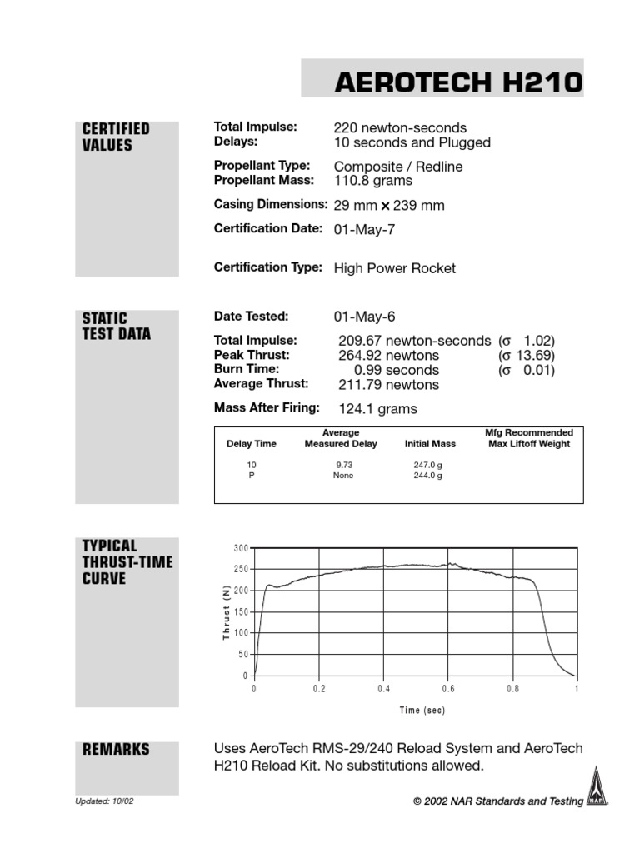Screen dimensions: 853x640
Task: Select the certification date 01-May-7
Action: (364, 230)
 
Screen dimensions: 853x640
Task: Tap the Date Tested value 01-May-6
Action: (364, 317)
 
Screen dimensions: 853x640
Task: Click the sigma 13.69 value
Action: (527, 356)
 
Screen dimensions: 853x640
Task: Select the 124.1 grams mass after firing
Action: (377, 409)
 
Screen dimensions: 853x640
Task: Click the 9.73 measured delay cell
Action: (344, 464)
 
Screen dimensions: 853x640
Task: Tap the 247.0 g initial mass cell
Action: (427, 464)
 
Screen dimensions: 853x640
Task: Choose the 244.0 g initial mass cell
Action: (427, 476)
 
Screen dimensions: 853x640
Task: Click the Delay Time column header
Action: (252, 444)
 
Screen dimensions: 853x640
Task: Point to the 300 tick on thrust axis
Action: (241, 548)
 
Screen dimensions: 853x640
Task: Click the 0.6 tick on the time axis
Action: (448, 690)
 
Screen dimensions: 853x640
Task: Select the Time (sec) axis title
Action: (422, 711)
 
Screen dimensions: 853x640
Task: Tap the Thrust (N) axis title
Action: (225, 612)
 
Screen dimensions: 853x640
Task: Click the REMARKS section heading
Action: (116, 749)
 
